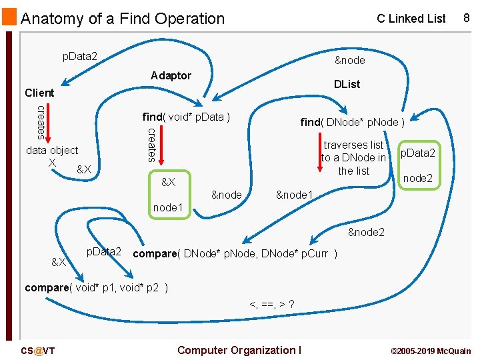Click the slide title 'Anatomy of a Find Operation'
click(x=123, y=19)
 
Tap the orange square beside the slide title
click(x=9, y=17)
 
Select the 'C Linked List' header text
click(x=411, y=19)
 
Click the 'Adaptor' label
click(x=171, y=75)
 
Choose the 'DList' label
click(x=347, y=84)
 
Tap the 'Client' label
click(x=39, y=93)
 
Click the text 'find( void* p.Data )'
click(x=186, y=117)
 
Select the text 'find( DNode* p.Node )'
click(x=352, y=122)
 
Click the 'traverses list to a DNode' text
click(x=353, y=157)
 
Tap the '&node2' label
click(x=366, y=233)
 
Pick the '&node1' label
click(x=294, y=195)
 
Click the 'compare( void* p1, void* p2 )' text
click(x=96, y=288)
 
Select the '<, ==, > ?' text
click(x=272, y=305)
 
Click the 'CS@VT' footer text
click(x=37, y=351)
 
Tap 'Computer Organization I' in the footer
click(x=239, y=350)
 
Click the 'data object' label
click(x=51, y=151)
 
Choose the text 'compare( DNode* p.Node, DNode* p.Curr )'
click(x=235, y=254)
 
